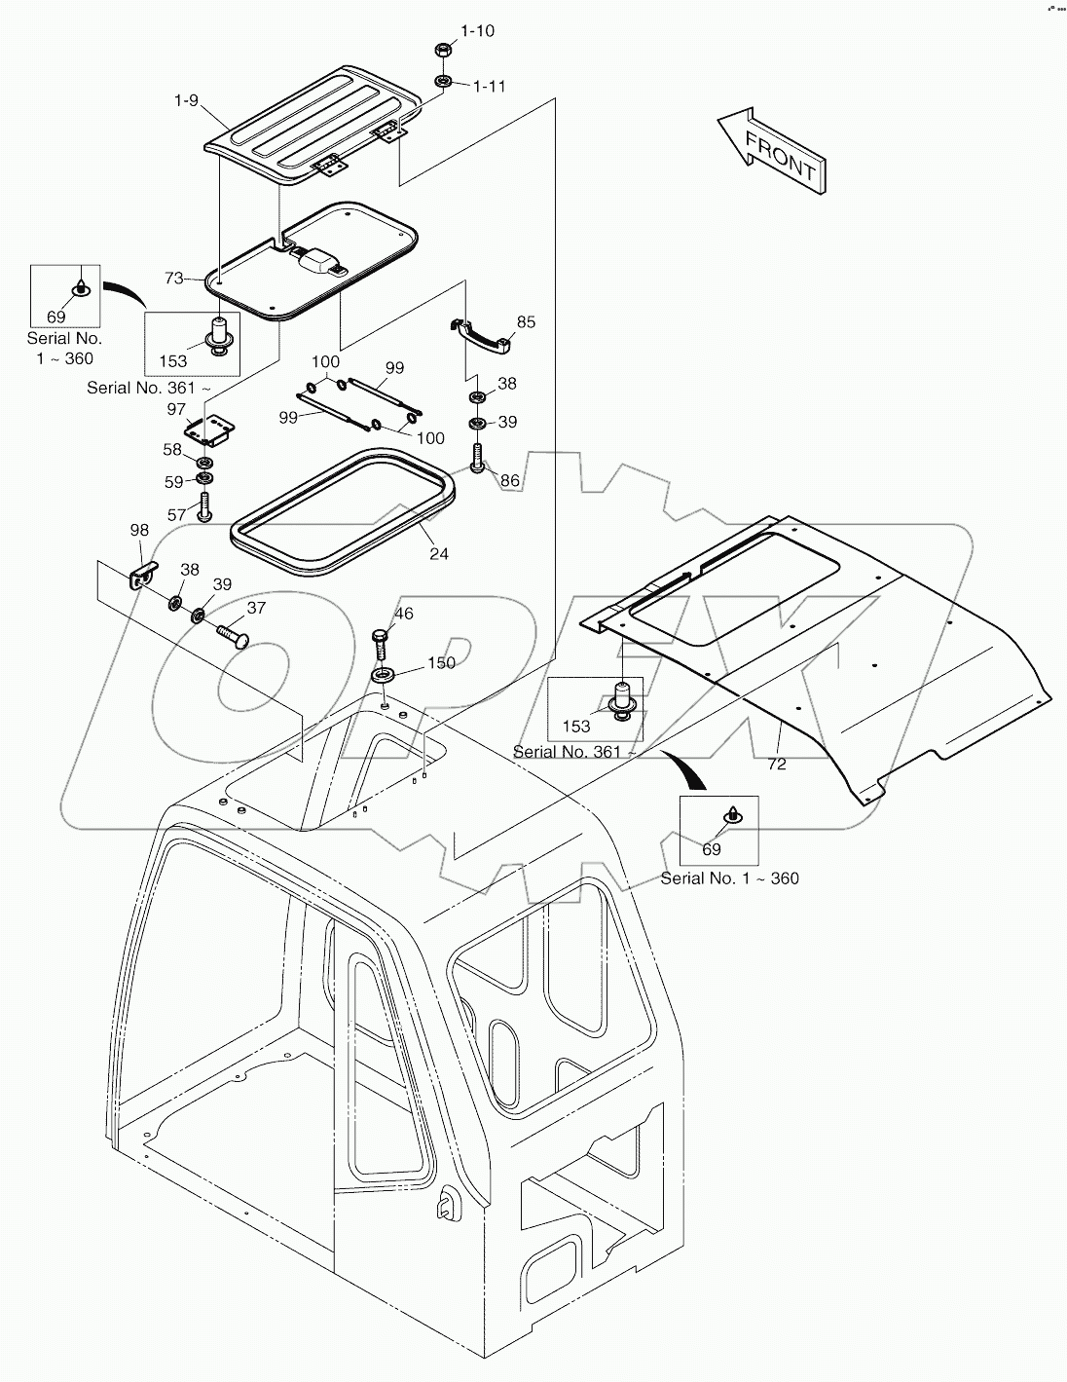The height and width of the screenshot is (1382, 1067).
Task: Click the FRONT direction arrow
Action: pyautogui.click(x=772, y=149)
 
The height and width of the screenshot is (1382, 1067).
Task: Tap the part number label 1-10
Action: pyautogui.click(x=476, y=31)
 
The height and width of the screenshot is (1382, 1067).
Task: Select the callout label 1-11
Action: pyautogui.click(x=489, y=86)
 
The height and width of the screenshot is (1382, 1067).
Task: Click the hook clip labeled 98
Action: pyautogui.click(x=142, y=575)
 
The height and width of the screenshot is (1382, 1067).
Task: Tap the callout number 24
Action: pyautogui.click(x=439, y=554)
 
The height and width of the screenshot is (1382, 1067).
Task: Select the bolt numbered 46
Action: pyautogui.click(x=380, y=643)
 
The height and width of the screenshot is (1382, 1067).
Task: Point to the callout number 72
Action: pyautogui.click(x=776, y=765)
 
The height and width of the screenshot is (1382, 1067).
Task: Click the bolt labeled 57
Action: pyautogui.click(x=204, y=507)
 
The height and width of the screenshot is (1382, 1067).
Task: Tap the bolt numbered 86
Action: pyautogui.click(x=477, y=458)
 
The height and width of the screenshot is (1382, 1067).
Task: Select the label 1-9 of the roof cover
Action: pyautogui.click(x=187, y=100)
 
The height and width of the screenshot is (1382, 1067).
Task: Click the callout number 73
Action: pyautogui.click(x=174, y=279)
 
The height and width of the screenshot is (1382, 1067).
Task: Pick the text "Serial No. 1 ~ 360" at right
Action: pyautogui.click(x=729, y=878)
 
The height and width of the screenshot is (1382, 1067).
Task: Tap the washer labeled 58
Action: pyautogui.click(x=206, y=462)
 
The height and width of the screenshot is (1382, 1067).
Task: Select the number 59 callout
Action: pyautogui.click(x=172, y=481)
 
